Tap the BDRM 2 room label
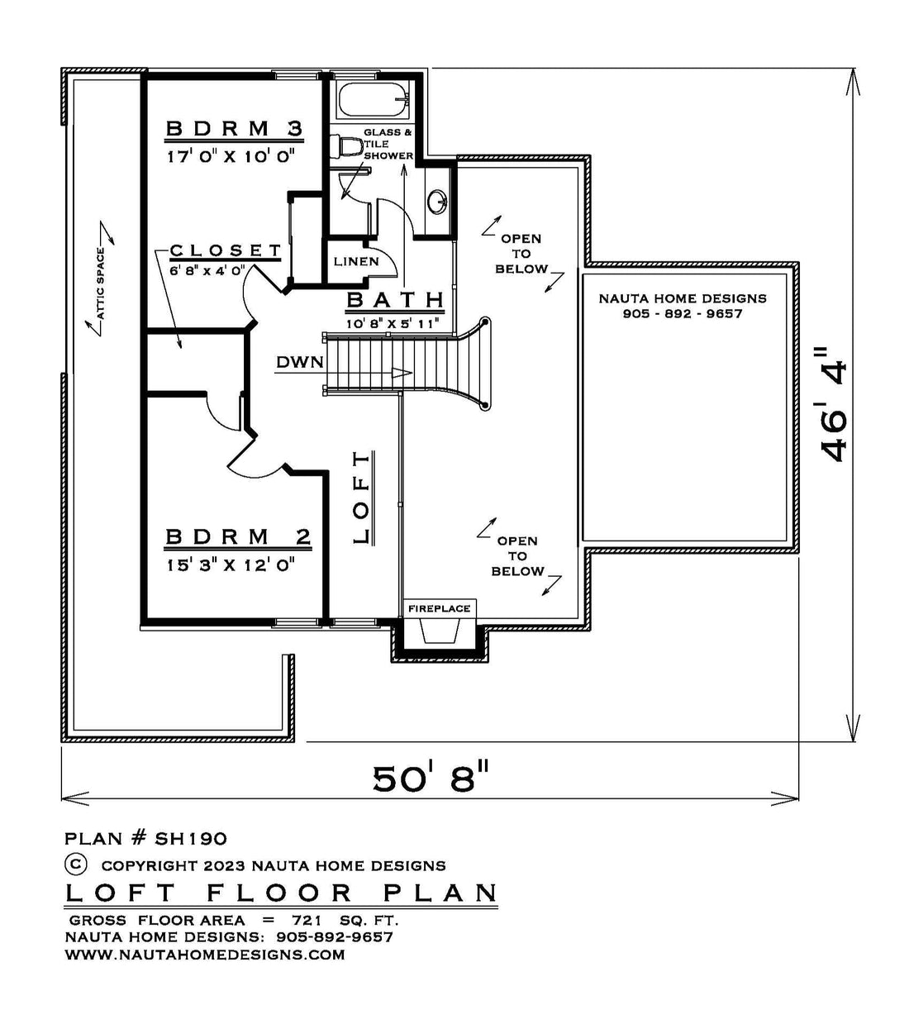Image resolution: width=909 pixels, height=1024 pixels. pyautogui.click(x=238, y=536)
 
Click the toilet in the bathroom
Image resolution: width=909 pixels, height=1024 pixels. pyautogui.click(x=350, y=146)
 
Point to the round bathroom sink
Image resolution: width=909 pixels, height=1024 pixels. pyautogui.click(x=437, y=202)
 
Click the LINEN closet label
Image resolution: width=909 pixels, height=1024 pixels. pyautogui.click(x=356, y=261)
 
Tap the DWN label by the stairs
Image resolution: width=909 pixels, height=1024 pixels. pyautogui.click(x=300, y=362)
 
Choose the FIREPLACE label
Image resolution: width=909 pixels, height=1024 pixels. pyautogui.click(x=439, y=608)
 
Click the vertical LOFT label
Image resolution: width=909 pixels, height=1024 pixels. pyautogui.click(x=361, y=498)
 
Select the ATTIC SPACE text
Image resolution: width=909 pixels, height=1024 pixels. pyautogui.click(x=101, y=283)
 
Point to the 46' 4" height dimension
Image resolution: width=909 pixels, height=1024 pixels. pyautogui.click(x=832, y=404)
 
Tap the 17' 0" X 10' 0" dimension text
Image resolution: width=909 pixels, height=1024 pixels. pyautogui.click(x=231, y=157)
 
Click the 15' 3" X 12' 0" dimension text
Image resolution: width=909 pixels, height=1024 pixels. pyautogui.click(x=231, y=564)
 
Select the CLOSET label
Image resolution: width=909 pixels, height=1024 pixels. pyautogui.click(x=226, y=250)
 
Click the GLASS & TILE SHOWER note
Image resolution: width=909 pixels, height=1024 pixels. pyautogui.click(x=388, y=144)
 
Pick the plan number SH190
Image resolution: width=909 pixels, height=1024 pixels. pyautogui.click(x=191, y=839)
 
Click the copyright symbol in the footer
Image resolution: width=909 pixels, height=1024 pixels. pyautogui.click(x=76, y=864)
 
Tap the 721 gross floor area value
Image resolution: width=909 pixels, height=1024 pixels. pyautogui.click(x=307, y=921)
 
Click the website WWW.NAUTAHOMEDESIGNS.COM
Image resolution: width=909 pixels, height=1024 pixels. pyautogui.click(x=205, y=955)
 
